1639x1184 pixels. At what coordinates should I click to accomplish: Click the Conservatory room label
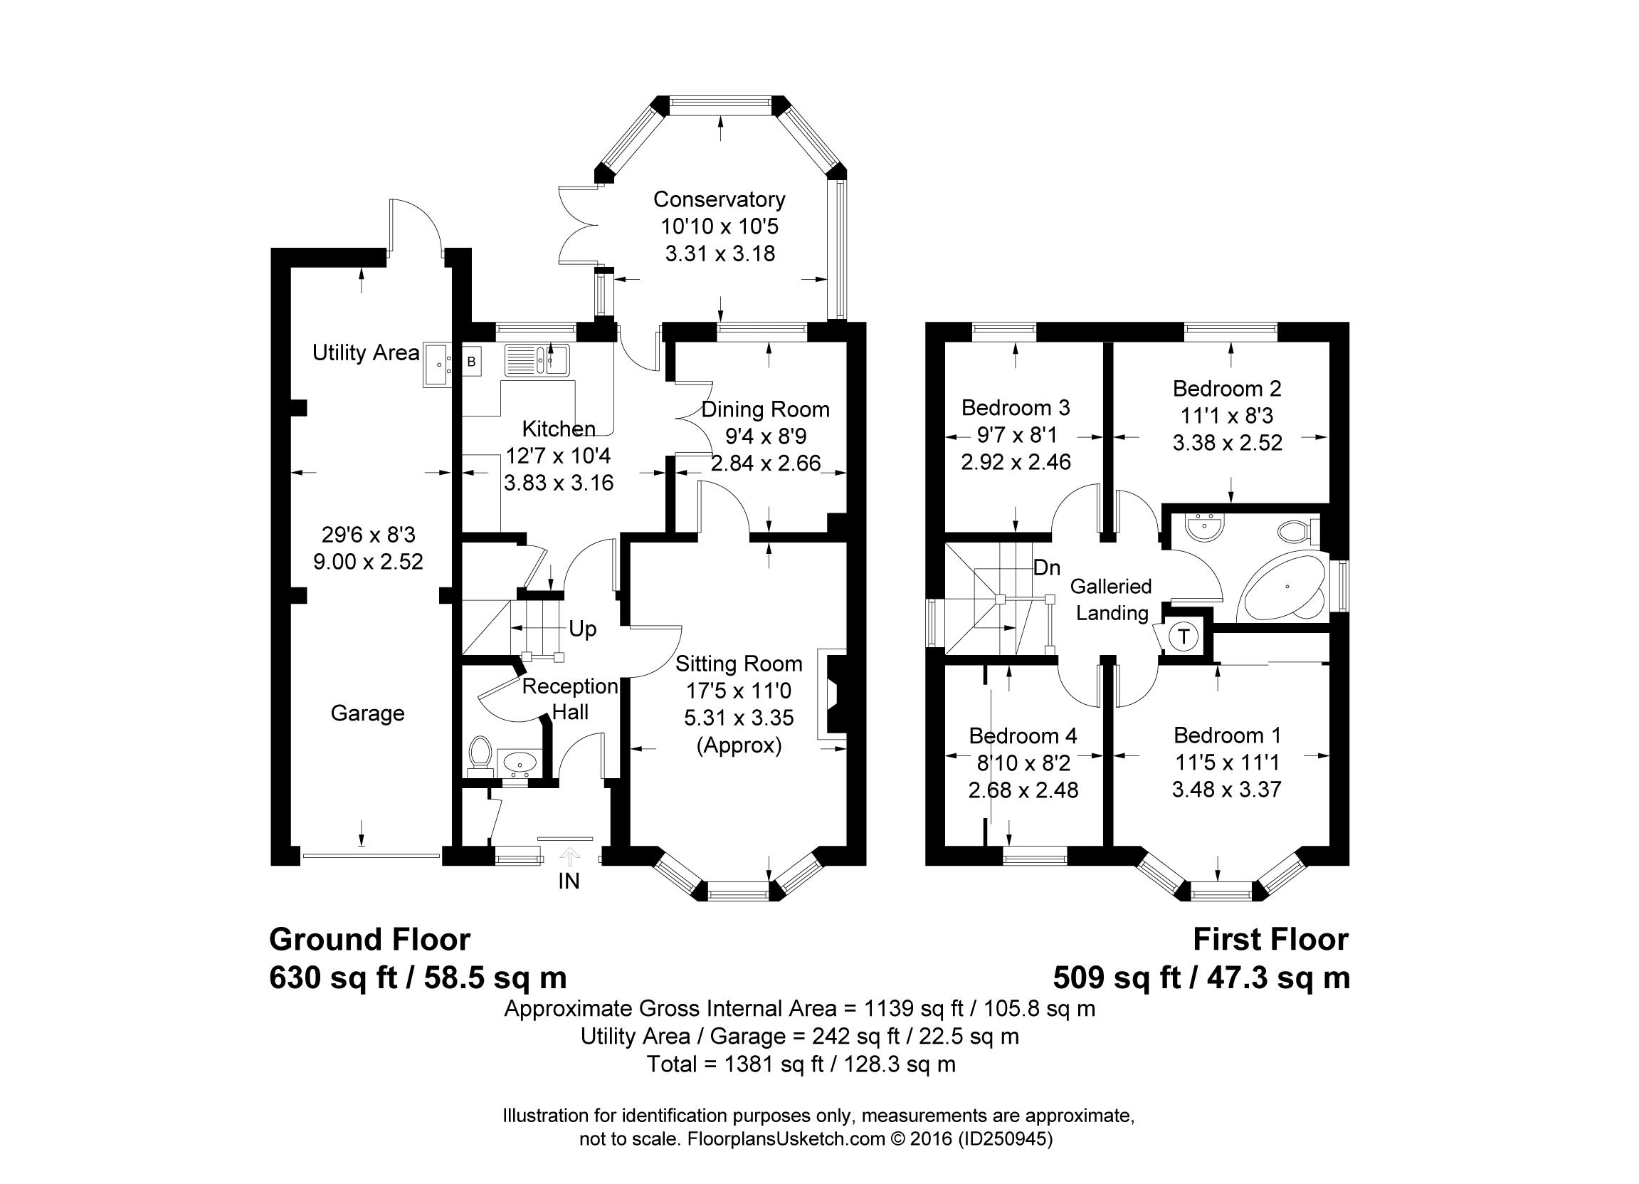pyautogui.click(x=719, y=199)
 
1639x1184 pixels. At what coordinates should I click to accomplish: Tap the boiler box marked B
pyautogui.click(x=472, y=362)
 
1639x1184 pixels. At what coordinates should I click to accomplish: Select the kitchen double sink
pyautogui.click(x=537, y=360)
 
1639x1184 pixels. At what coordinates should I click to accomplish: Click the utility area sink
pyautogui.click(x=438, y=366)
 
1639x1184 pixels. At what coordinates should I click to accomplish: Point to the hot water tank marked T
pyautogui.click(x=1183, y=636)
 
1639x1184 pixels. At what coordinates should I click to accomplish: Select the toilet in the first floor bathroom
pyautogui.click(x=1299, y=533)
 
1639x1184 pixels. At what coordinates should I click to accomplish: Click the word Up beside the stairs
pyautogui.click(x=582, y=629)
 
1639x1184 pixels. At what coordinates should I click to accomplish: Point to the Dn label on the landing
pyautogui.click(x=1046, y=567)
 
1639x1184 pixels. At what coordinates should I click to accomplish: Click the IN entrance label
pyautogui.click(x=569, y=881)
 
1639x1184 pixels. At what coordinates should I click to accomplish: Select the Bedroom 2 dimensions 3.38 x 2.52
pyautogui.click(x=1227, y=442)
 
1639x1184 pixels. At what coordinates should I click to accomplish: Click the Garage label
pyautogui.click(x=367, y=713)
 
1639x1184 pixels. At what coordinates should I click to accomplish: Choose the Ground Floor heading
pyautogui.click(x=369, y=940)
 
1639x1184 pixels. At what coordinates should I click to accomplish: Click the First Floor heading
pyautogui.click(x=1270, y=940)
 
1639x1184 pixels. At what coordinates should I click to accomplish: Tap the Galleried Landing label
pyautogui.click(x=1112, y=599)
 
